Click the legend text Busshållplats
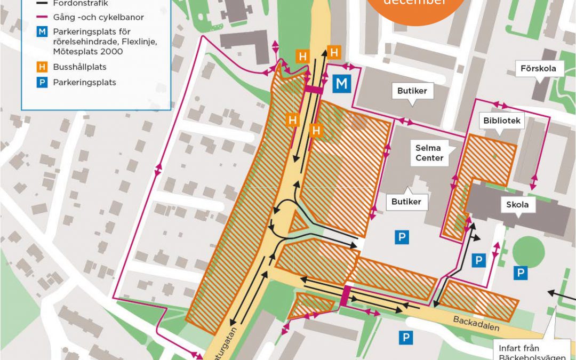tap(79, 67)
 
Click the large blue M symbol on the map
tap(342, 84)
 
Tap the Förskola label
tap(538, 68)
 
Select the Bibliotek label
tap(501, 121)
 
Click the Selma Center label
tap(430, 153)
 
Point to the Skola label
tap(517, 205)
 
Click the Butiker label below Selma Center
tap(406, 202)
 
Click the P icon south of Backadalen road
tap(406, 337)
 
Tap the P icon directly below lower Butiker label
tap(402, 237)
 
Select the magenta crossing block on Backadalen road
tap(345, 296)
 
